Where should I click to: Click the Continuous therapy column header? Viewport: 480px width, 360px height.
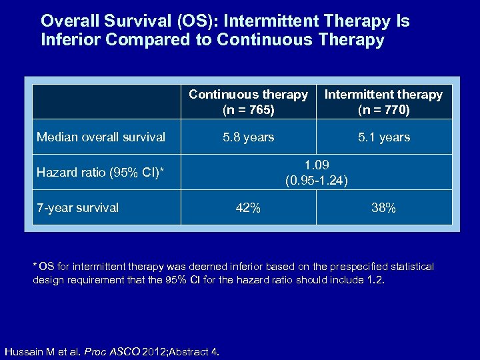coord(248,95)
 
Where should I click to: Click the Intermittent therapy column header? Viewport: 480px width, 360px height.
coord(383,95)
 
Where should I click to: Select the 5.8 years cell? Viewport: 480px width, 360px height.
coord(248,137)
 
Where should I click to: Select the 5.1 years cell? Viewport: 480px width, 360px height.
coord(383,137)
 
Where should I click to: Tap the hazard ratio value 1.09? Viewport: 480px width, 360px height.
coord(317,165)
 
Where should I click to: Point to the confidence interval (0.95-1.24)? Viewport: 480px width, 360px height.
coord(317,179)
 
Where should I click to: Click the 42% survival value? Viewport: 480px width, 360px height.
coord(248,208)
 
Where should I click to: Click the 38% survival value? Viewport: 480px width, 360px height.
coord(383,208)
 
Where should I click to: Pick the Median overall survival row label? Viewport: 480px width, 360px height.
coord(101,137)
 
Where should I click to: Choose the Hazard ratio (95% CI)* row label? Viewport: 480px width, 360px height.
coord(100,173)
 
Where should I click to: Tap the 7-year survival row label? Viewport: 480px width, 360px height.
coord(77,208)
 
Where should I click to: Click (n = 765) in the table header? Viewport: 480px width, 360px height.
coord(248,108)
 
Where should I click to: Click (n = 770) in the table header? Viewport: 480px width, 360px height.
coord(383,108)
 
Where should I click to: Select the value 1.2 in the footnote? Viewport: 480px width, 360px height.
coord(375,280)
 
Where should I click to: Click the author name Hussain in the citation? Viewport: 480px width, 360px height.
coord(25,351)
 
